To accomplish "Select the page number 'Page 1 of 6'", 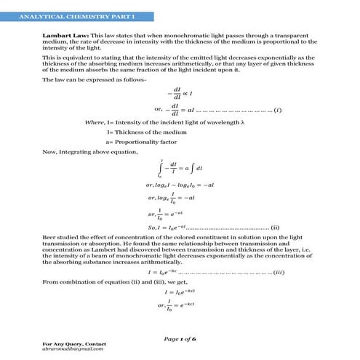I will pos(180,339).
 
